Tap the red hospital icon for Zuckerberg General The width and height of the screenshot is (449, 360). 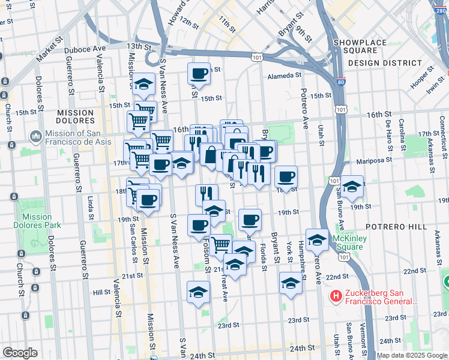coord(336,296)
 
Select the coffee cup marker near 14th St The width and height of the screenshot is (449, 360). coord(199,74)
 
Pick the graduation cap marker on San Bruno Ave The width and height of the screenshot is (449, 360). coord(352,186)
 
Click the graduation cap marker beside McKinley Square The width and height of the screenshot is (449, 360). coord(317,240)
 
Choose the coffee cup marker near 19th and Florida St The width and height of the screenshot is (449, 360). coord(250,220)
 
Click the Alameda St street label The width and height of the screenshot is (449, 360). coord(285,76)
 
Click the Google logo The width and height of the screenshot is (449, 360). coord(20,353)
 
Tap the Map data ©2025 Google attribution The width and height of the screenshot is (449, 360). coord(411,355)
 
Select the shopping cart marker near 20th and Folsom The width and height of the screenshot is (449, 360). coord(221,244)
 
